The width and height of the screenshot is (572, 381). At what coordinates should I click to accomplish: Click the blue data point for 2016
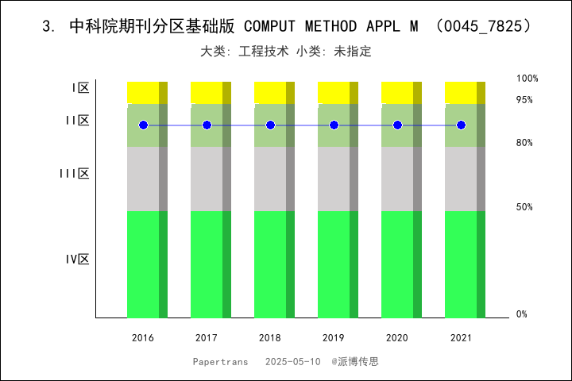(143, 125)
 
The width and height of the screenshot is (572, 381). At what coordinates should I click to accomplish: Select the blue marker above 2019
(334, 125)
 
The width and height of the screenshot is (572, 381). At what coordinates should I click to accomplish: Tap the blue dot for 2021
(461, 125)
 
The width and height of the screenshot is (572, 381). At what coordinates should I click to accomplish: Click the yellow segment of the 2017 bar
(211, 92)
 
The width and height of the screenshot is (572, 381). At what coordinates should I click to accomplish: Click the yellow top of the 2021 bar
(465, 92)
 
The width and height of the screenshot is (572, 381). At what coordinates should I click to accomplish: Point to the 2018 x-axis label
(270, 338)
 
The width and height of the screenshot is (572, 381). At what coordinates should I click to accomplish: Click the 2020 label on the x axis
(397, 338)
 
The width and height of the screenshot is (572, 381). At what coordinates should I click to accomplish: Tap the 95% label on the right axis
(524, 100)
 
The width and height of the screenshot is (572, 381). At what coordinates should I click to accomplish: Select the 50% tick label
(524, 207)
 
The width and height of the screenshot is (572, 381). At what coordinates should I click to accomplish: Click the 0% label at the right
(522, 314)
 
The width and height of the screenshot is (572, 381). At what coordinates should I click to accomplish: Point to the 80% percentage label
(524, 143)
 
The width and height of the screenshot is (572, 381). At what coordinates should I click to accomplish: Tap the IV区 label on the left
(77, 260)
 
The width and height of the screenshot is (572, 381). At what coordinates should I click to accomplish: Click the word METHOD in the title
(318, 26)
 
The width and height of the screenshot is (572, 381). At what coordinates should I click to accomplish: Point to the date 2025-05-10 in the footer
(292, 361)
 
